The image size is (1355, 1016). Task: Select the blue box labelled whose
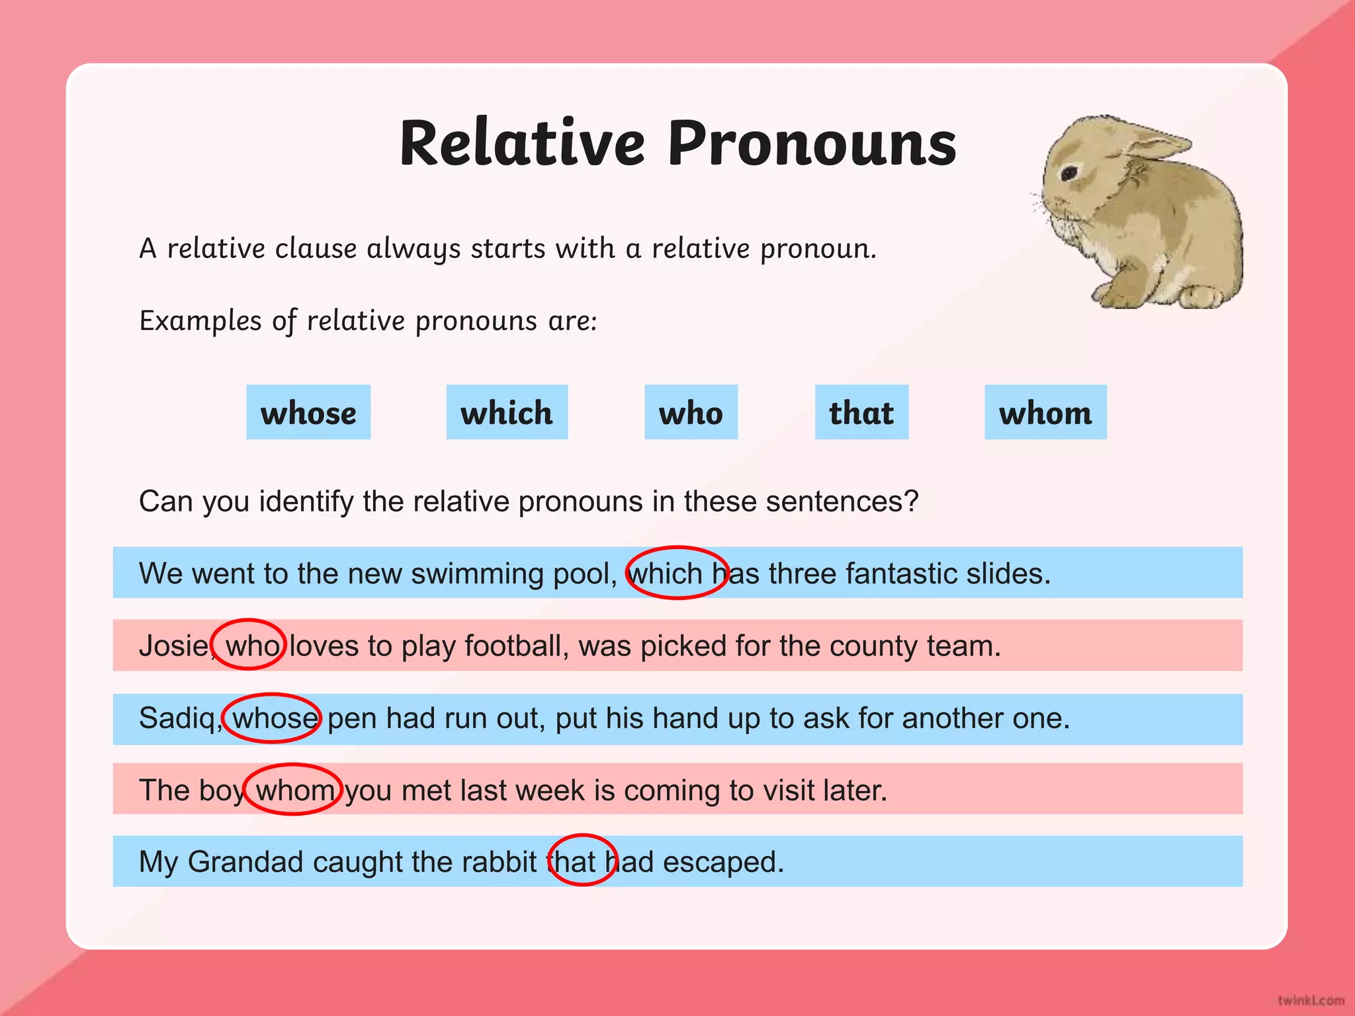[308, 412]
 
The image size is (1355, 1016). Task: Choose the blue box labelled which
[507, 412]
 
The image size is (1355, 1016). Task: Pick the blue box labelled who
[691, 412]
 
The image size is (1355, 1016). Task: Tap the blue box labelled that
[861, 412]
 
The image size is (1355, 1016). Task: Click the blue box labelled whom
[1045, 412]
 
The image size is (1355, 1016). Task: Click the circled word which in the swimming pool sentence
[666, 573]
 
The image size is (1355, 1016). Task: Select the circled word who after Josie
[252, 646]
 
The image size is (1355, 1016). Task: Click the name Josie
[174, 646]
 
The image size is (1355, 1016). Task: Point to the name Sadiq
[177, 718]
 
